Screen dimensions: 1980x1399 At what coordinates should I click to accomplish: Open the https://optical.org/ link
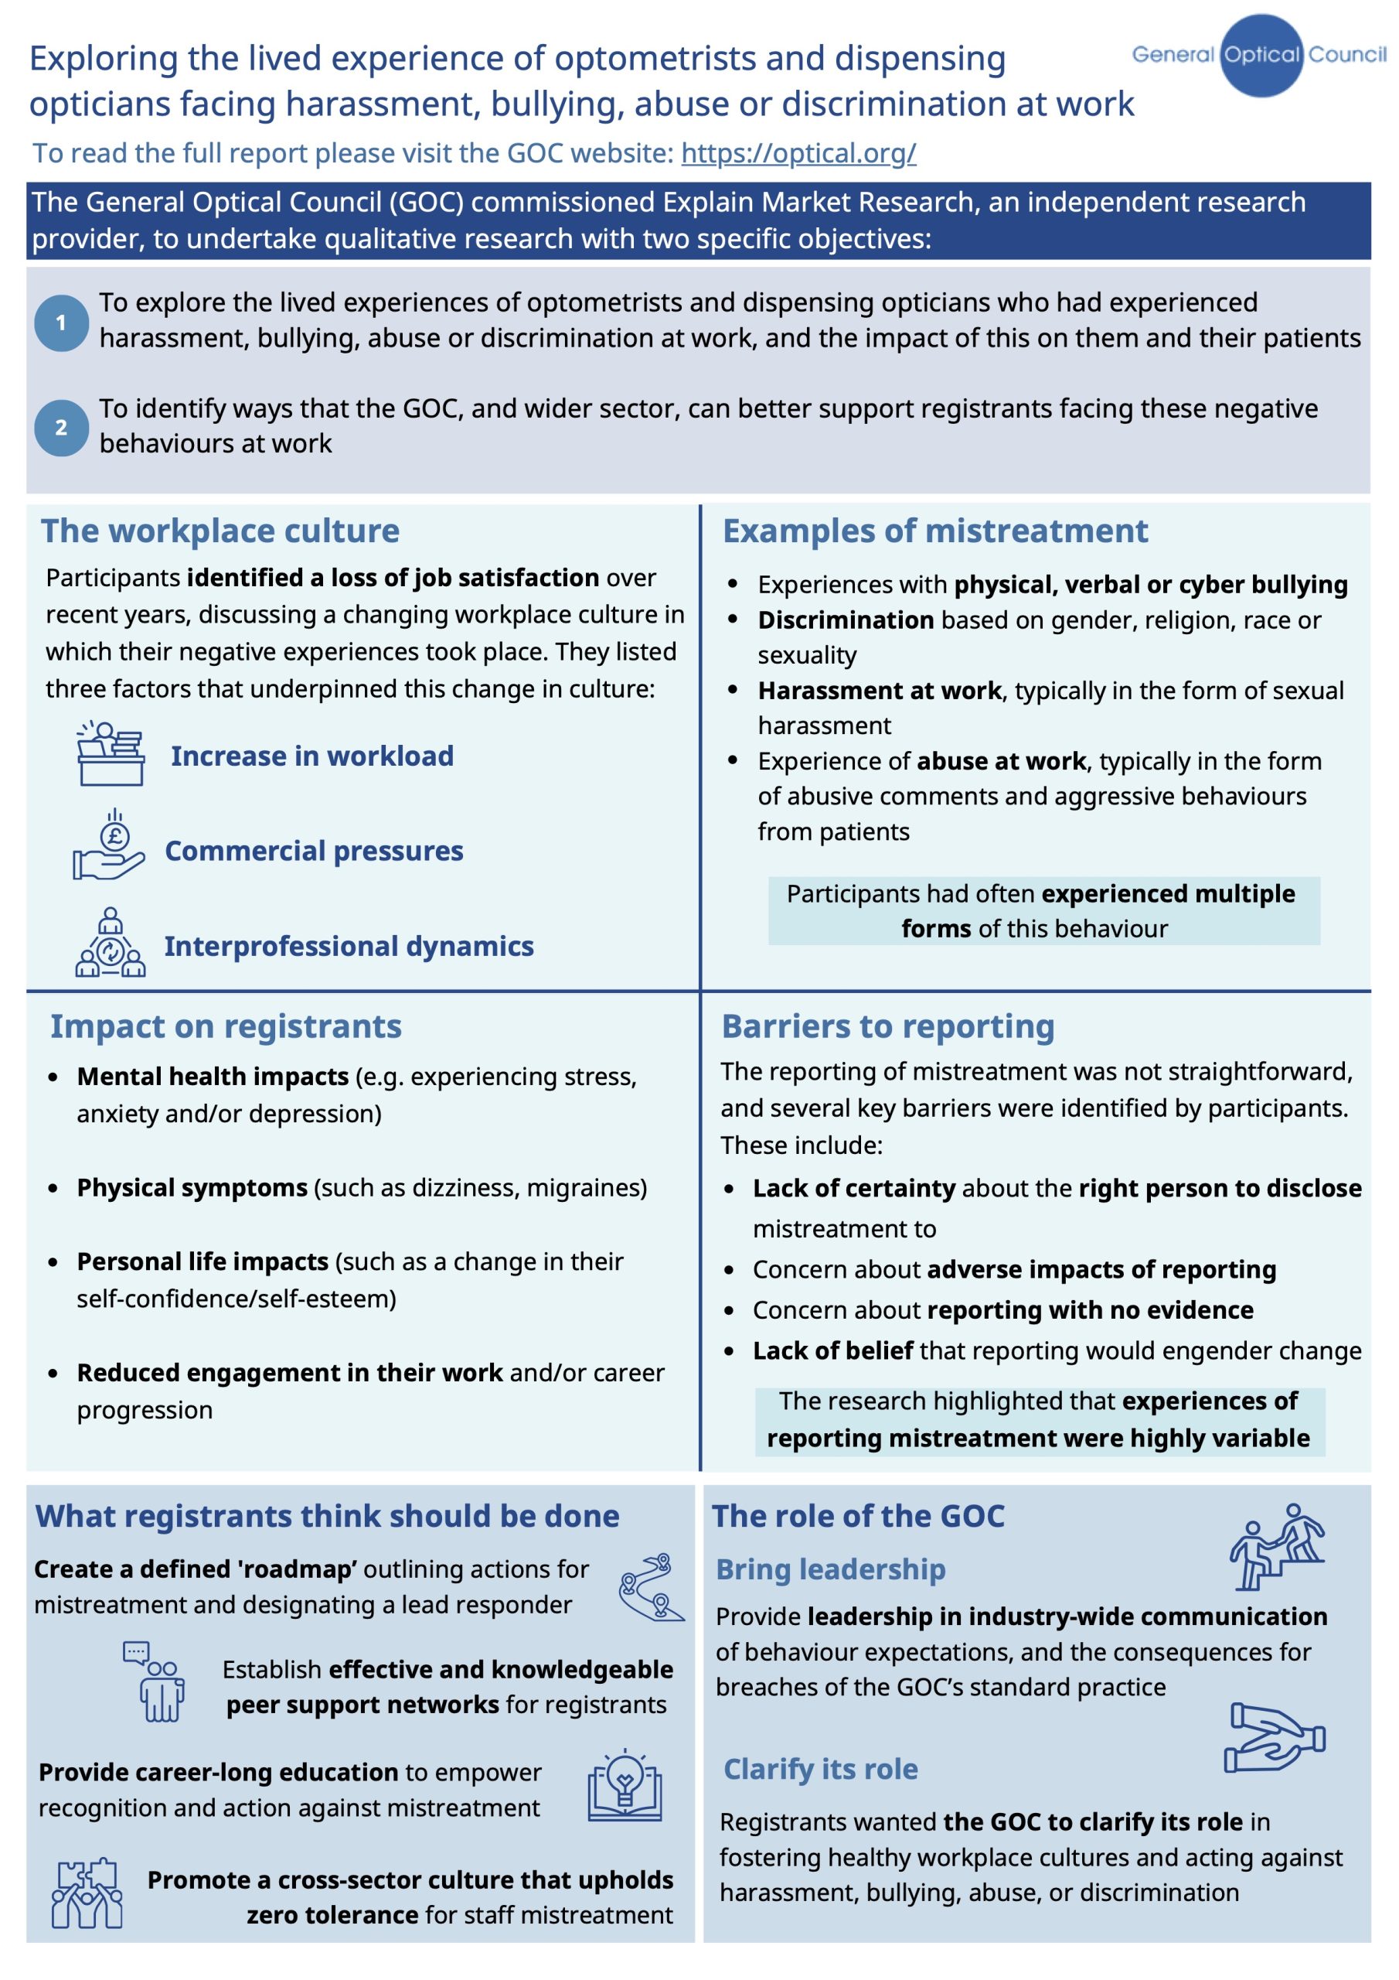pyautogui.click(x=798, y=152)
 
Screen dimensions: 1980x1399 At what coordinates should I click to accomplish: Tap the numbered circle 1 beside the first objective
pyautogui.click(x=61, y=323)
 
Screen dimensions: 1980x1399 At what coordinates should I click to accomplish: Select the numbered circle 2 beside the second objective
pyautogui.click(x=61, y=427)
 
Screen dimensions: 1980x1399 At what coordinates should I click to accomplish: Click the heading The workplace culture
pyautogui.click(x=220, y=531)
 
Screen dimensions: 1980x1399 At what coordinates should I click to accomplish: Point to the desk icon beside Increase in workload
pyautogui.click(x=111, y=753)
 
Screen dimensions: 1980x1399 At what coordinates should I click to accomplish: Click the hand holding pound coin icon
pyautogui.click(x=109, y=846)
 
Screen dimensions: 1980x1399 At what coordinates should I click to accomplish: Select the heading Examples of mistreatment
pyautogui.click(x=934, y=531)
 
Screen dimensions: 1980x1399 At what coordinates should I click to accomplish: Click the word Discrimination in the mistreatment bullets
pyautogui.click(x=845, y=620)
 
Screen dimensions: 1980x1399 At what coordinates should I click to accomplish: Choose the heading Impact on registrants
pyautogui.click(x=226, y=1026)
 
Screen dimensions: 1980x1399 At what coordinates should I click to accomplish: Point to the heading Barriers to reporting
pyautogui.click(x=888, y=1026)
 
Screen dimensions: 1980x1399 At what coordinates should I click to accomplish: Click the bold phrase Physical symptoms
pyautogui.click(x=192, y=1187)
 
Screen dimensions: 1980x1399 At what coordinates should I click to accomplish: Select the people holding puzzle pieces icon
pyautogui.click(x=87, y=1892)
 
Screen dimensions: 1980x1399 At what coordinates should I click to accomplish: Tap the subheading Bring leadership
pyautogui.click(x=830, y=1569)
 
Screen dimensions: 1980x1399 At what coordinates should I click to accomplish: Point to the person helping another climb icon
pyautogui.click(x=1277, y=1547)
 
